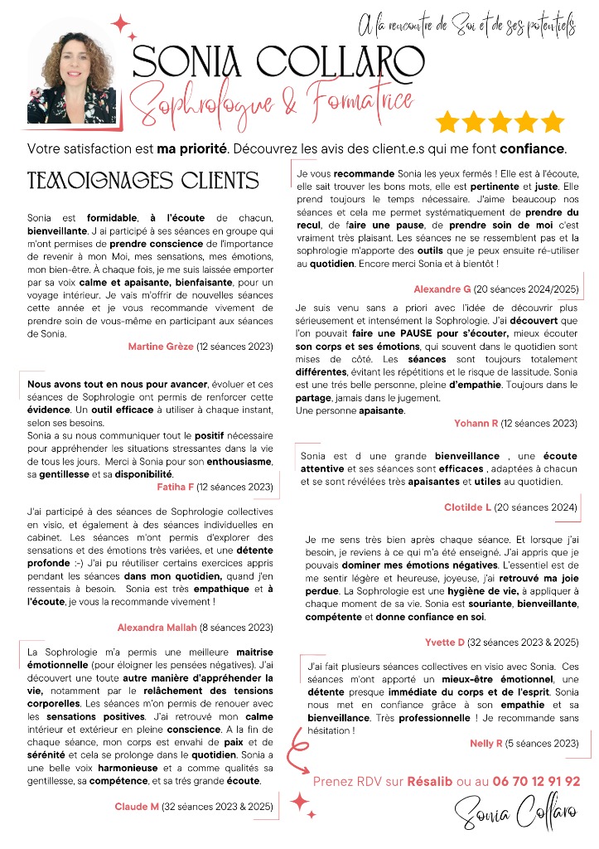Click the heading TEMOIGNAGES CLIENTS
[x=143, y=181]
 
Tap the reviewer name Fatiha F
[x=175, y=487]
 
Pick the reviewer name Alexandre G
[x=442, y=289]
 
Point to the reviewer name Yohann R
[x=476, y=423]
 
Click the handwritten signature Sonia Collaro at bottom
[x=514, y=815]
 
